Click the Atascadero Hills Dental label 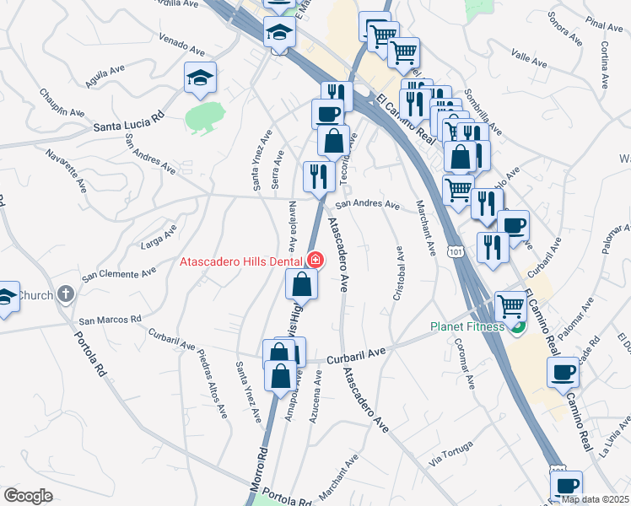tap(241, 261)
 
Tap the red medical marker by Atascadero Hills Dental tap(315, 261)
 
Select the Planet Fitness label tap(467, 326)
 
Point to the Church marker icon tap(66, 295)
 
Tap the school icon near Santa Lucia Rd tap(200, 78)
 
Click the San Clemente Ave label tap(119, 274)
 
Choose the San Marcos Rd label tap(110, 320)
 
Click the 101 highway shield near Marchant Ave tap(455, 251)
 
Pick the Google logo tap(28, 496)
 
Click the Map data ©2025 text tap(594, 499)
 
